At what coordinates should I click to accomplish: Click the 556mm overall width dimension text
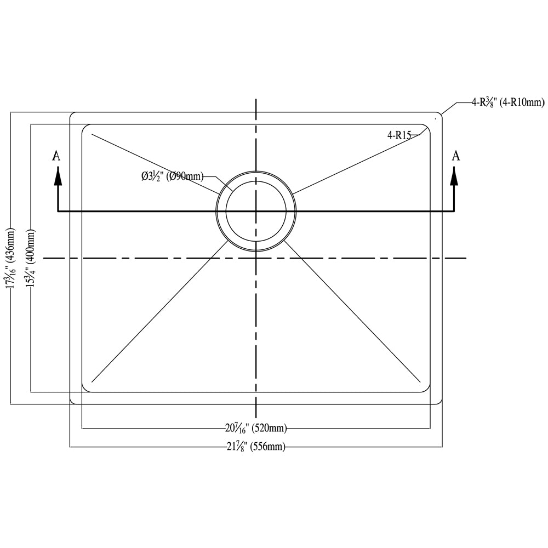256,447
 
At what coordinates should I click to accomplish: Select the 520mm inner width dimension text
256,428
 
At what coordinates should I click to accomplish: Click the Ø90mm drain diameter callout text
172,176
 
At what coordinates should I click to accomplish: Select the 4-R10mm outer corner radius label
508,102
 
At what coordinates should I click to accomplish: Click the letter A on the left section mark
56,156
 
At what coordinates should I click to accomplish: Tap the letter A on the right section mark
455,156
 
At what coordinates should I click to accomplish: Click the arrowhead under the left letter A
57,176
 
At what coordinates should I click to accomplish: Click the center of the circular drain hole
256,211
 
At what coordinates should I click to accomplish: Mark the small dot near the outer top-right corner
436,117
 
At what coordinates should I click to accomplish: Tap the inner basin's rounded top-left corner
84,127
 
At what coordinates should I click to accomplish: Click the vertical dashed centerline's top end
256,101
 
